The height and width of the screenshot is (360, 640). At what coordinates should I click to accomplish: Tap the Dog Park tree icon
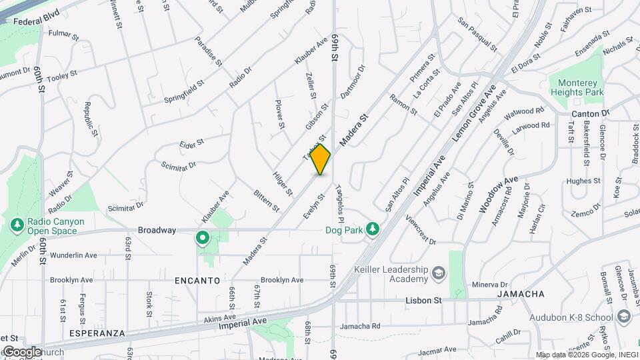pyautogui.click(x=374, y=230)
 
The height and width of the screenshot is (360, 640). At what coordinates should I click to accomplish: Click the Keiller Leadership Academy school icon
pyautogui.click(x=439, y=273)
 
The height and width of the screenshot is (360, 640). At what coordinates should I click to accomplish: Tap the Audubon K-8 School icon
pyautogui.click(x=624, y=315)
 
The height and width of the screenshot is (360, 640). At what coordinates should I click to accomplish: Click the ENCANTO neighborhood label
pyautogui.click(x=197, y=281)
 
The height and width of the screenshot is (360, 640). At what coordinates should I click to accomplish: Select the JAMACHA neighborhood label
pyautogui.click(x=521, y=294)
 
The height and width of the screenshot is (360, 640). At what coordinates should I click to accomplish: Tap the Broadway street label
pyautogui.click(x=157, y=230)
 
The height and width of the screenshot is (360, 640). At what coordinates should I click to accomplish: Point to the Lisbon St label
pyautogui.click(x=423, y=301)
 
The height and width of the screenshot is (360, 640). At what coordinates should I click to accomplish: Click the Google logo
pyautogui.click(x=21, y=351)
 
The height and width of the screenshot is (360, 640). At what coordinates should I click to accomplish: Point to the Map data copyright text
pyautogui.click(x=586, y=355)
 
